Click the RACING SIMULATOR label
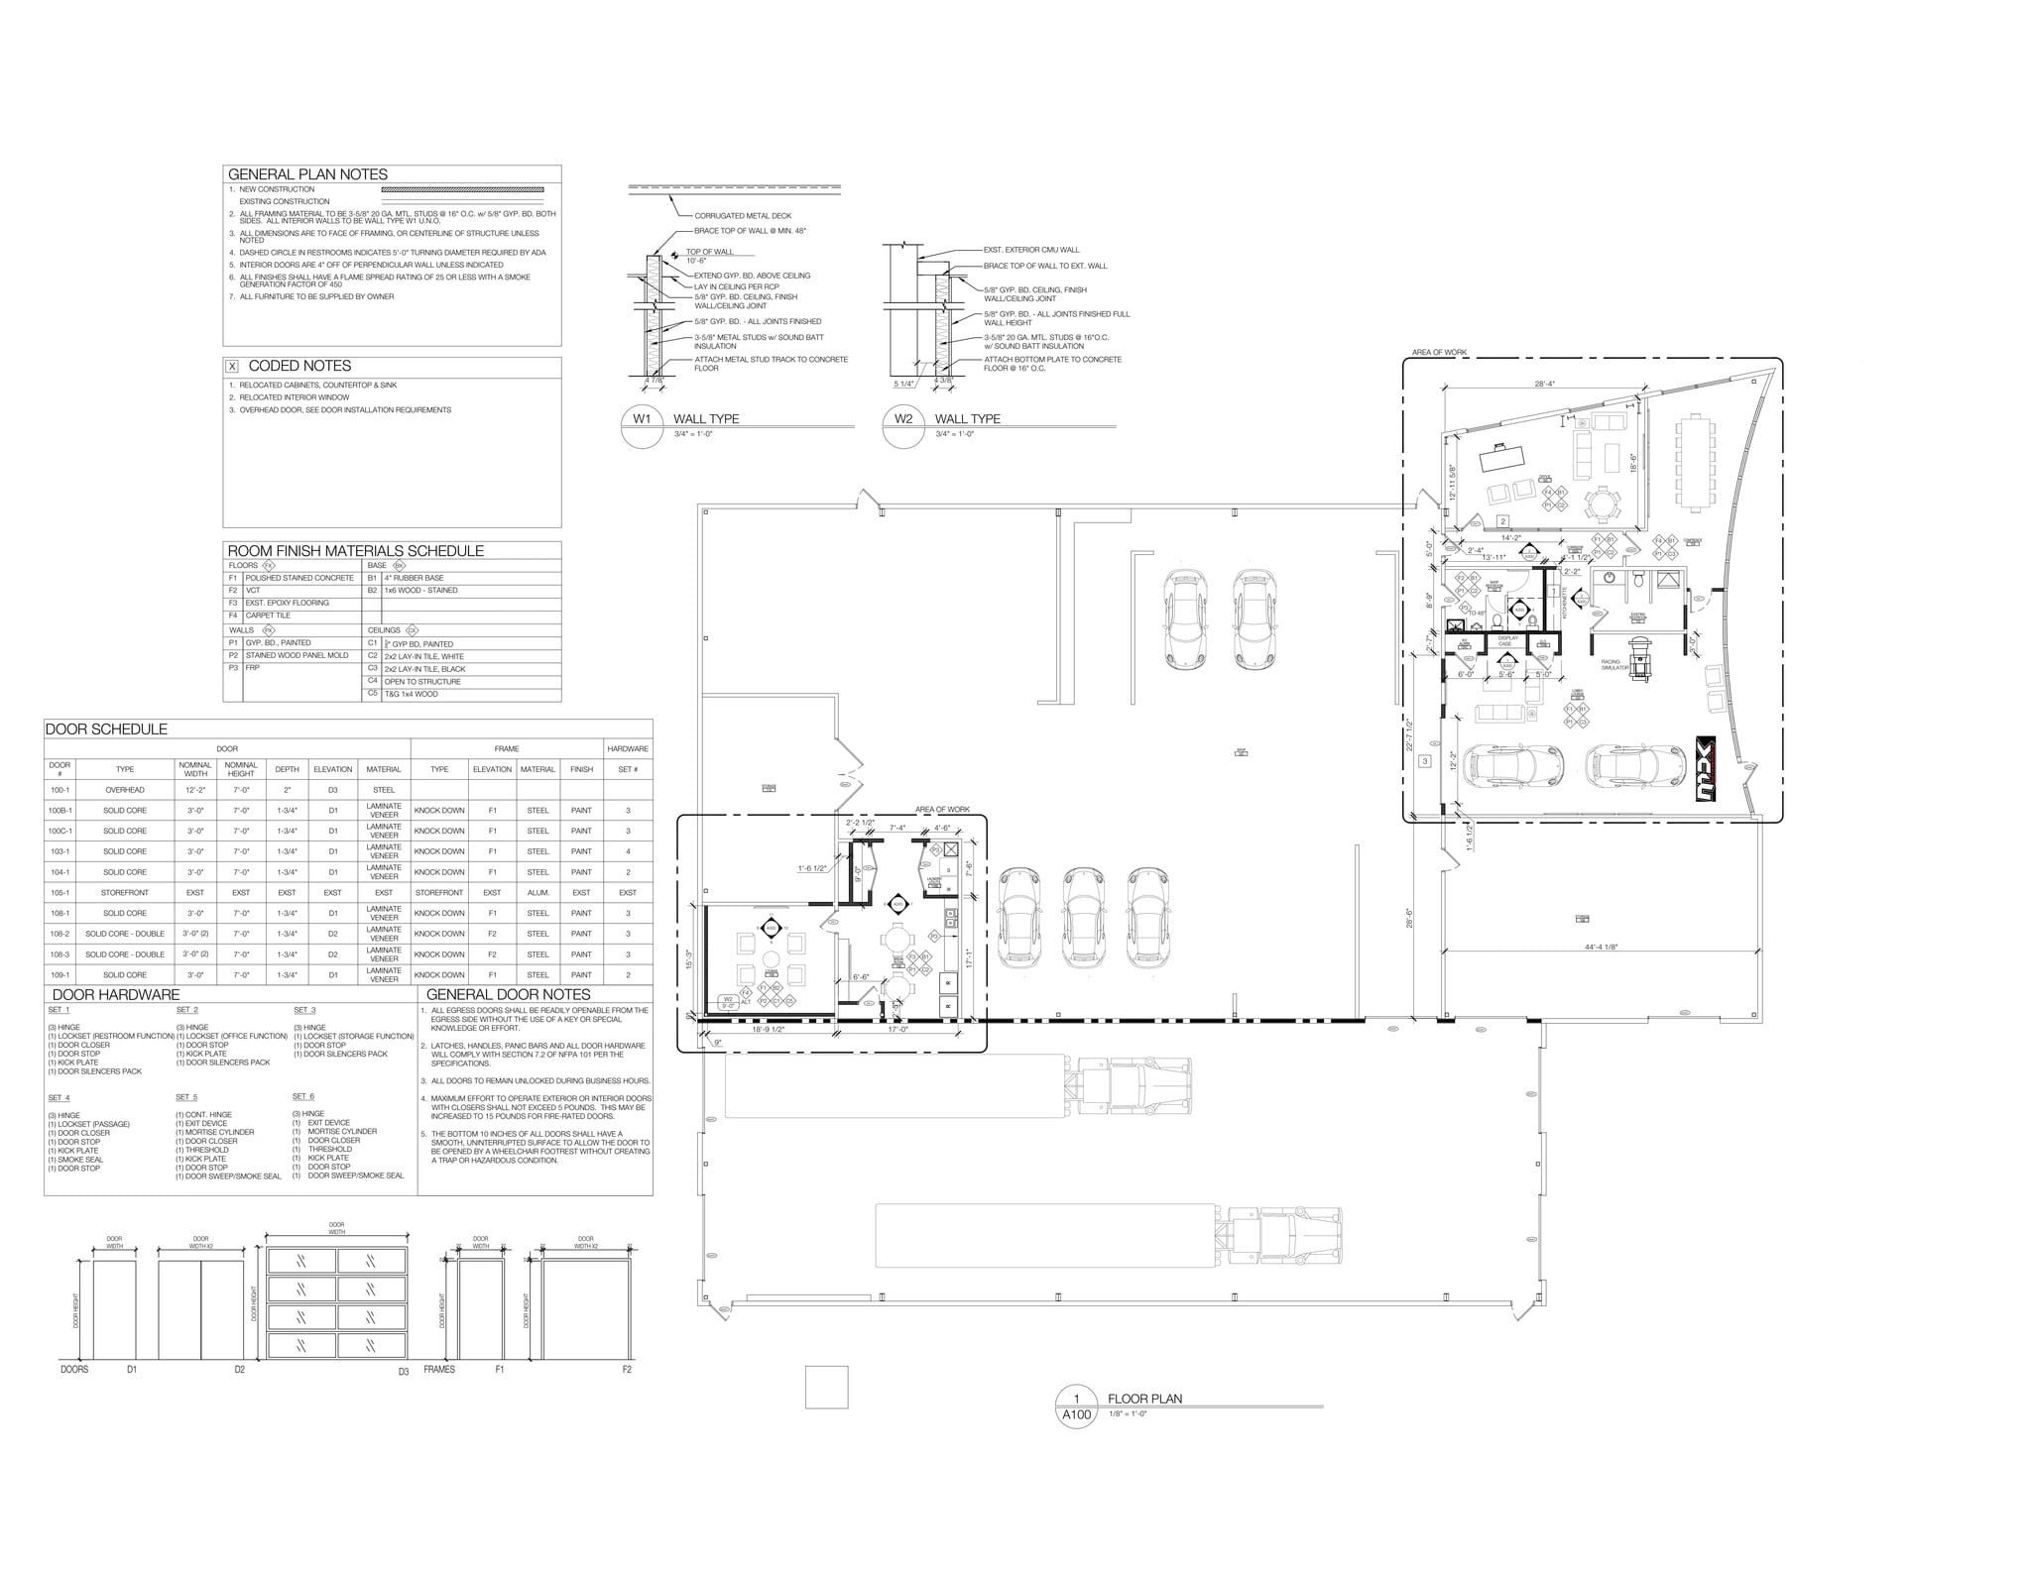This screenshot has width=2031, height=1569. [1613, 665]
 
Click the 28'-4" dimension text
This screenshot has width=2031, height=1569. [1544, 384]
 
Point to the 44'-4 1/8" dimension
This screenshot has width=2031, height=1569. [1601, 947]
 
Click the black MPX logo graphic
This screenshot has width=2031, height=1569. [1705, 767]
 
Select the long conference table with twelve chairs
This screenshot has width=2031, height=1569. [1693, 464]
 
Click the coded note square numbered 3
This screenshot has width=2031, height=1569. [1425, 761]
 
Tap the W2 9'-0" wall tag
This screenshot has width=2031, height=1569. [728, 1001]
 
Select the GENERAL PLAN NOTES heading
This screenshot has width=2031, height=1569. [307, 174]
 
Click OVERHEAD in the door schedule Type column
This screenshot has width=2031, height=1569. [125, 790]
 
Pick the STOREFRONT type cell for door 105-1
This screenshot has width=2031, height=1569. [125, 892]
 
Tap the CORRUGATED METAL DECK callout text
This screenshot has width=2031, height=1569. [743, 215]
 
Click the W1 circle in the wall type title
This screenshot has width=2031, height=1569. [642, 419]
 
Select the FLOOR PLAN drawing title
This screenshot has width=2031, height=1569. [1144, 1400]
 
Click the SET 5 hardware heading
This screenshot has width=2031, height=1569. [186, 1097]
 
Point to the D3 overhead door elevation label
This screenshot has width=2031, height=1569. [404, 1372]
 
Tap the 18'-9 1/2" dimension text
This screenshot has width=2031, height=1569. [768, 1030]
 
